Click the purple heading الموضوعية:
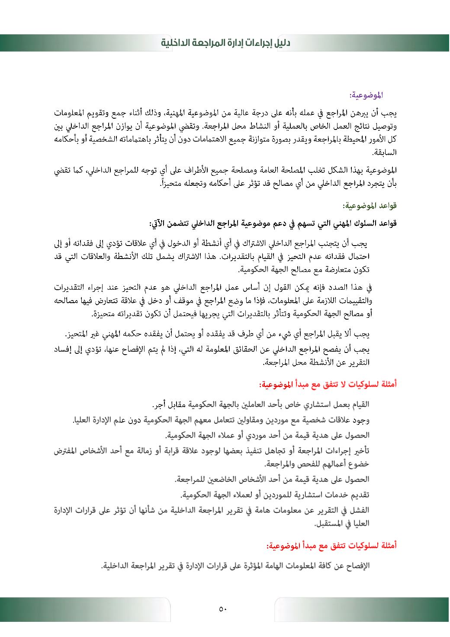pyautogui.click(x=368, y=94)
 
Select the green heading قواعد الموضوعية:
pyautogui.click(x=370, y=204)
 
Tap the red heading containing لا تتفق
pyautogui.click(x=328, y=383)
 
